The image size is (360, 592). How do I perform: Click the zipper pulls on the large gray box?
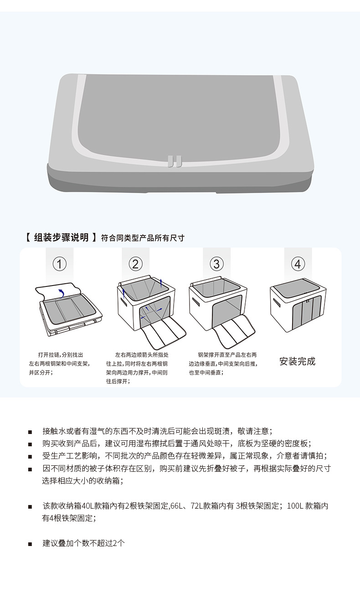(x=174, y=161)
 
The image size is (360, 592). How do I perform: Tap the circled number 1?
(x=60, y=264)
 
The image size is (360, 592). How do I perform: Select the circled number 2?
(x=135, y=264)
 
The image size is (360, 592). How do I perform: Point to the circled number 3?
(x=216, y=264)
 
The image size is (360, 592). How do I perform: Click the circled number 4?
(x=298, y=264)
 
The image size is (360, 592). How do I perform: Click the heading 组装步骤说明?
(x=61, y=237)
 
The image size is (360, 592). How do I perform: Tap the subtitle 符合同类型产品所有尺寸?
(x=143, y=238)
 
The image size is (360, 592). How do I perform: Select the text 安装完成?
(x=297, y=362)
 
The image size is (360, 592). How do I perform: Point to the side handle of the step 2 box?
(x=123, y=302)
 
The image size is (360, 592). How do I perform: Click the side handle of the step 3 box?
(x=195, y=302)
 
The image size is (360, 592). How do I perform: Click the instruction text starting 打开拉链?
(x=59, y=363)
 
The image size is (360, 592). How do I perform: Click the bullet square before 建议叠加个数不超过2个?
(x=30, y=544)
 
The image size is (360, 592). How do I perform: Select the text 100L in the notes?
(x=295, y=506)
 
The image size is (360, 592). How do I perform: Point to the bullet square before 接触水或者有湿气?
(x=30, y=432)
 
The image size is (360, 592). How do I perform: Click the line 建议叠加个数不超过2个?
(x=84, y=543)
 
